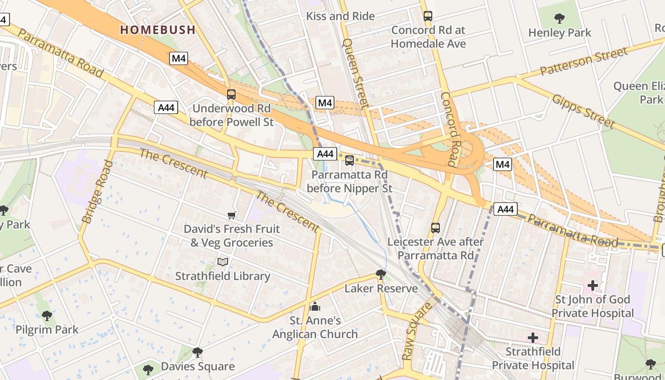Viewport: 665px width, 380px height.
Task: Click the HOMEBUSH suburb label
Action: (x=158, y=30)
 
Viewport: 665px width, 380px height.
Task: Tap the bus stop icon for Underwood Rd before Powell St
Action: (x=231, y=95)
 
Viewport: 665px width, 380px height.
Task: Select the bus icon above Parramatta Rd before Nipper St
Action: (x=350, y=161)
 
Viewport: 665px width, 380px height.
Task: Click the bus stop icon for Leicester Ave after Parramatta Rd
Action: (x=436, y=228)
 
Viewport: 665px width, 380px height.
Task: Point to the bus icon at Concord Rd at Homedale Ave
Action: (x=428, y=16)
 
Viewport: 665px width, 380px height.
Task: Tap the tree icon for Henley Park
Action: (x=560, y=19)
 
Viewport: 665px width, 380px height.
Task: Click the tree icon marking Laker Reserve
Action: (x=380, y=274)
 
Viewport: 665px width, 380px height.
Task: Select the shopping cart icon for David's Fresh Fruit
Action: (x=232, y=216)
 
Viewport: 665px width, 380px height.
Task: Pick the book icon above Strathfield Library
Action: (x=223, y=262)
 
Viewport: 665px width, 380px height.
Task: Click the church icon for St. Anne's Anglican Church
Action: (x=314, y=307)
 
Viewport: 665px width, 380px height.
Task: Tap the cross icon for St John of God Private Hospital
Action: (x=593, y=285)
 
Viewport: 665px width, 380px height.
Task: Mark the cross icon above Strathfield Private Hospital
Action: (x=533, y=338)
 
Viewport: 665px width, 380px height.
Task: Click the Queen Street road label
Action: (x=356, y=73)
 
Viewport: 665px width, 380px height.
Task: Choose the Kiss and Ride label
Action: (x=341, y=16)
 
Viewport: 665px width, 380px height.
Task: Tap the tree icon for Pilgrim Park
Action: (x=47, y=315)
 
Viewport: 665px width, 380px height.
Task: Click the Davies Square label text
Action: (x=198, y=366)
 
